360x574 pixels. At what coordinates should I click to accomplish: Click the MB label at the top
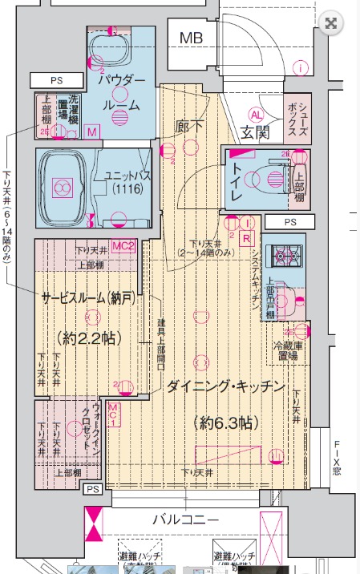(x=191, y=37)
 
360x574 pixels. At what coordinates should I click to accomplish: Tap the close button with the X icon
(x=330, y=23)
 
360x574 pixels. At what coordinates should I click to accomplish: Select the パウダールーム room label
(x=122, y=93)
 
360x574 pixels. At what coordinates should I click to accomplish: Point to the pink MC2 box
(x=122, y=245)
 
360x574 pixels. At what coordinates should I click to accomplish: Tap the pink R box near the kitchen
(x=247, y=238)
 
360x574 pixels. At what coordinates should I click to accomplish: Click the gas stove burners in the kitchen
(x=283, y=255)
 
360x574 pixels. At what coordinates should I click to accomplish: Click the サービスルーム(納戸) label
(x=87, y=298)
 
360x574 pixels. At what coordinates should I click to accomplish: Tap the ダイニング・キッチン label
(x=225, y=387)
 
